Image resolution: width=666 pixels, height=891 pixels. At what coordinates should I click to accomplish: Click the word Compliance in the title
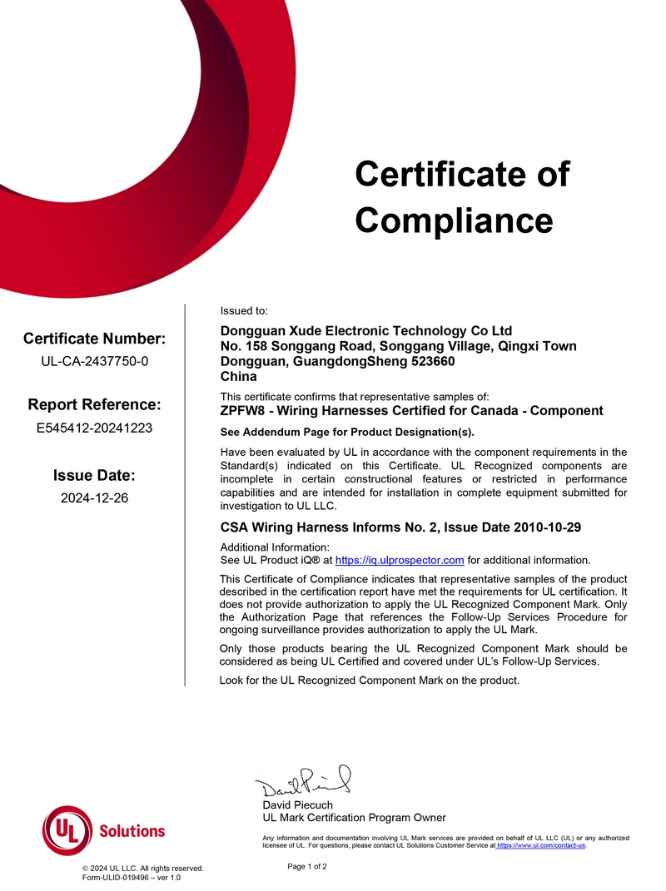tap(454, 220)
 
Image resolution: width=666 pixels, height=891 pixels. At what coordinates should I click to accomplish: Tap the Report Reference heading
tap(94, 405)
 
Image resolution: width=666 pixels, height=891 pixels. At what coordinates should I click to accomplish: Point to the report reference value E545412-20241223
tap(94, 428)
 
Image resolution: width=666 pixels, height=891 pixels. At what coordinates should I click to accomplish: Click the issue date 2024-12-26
tap(94, 498)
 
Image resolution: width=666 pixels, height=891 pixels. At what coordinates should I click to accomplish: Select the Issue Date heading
tap(94, 476)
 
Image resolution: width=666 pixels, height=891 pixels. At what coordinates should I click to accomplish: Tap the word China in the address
tap(238, 376)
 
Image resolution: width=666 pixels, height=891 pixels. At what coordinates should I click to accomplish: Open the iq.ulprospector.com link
tap(399, 560)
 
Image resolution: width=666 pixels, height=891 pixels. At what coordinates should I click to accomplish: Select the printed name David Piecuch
tap(297, 804)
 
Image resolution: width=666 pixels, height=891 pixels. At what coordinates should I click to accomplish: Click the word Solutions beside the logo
tap(132, 830)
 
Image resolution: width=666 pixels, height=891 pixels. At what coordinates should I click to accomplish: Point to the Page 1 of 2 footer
tap(307, 866)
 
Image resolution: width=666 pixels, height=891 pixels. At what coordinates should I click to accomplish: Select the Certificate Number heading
tap(94, 339)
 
